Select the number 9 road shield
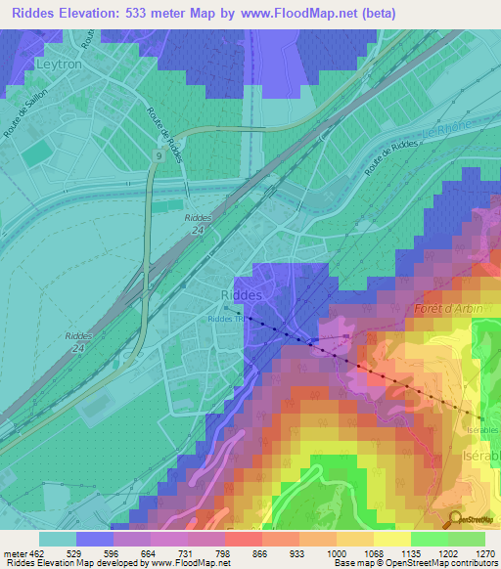pyautogui.click(x=158, y=155)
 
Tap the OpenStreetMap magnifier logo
pyautogui.click(x=455, y=520)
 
